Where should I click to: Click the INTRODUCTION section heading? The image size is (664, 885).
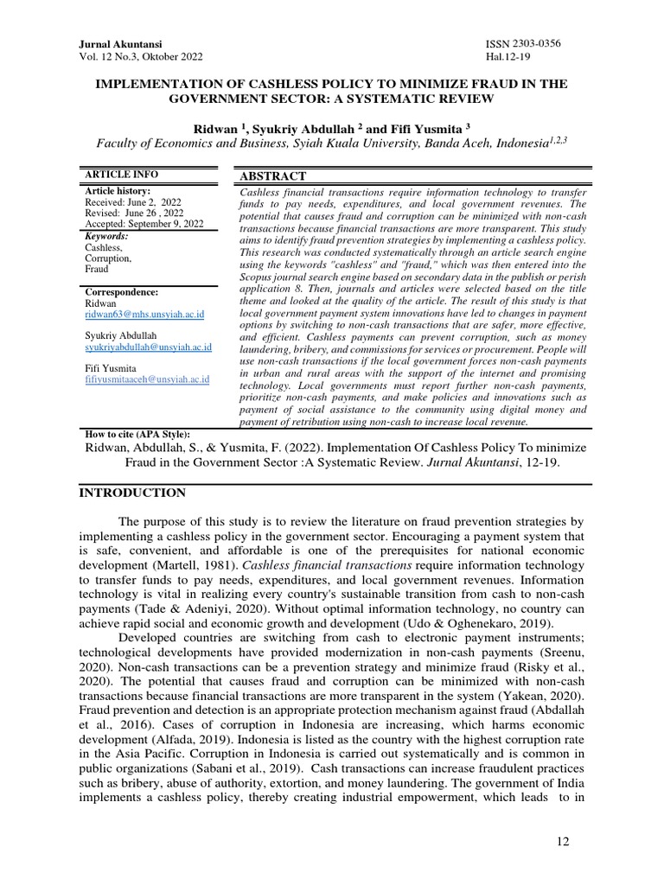(x=132, y=493)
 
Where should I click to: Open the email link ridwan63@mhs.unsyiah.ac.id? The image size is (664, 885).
(x=144, y=315)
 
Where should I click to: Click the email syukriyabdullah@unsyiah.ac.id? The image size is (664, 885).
(x=149, y=347)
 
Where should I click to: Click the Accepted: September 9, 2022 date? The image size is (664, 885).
(x=144, y=224)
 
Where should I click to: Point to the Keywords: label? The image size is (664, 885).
(x=105, y=236)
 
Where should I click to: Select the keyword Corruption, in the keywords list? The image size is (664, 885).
(x=108, y=258)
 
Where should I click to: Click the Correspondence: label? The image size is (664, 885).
(x=121, y=293)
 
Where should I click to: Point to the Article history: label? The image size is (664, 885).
(x=117, y=191)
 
